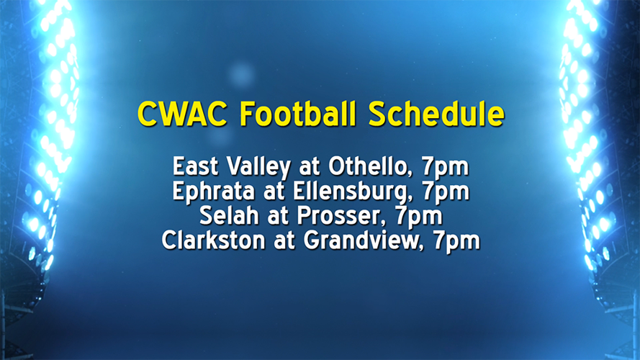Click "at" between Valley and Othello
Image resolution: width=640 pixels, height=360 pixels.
tap(309, 168)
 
